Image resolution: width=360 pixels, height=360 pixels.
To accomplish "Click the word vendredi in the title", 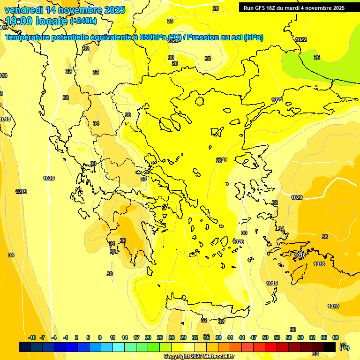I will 23,10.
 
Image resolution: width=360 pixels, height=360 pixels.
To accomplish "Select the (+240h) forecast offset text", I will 83,21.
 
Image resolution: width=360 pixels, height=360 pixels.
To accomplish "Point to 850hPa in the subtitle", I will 153,37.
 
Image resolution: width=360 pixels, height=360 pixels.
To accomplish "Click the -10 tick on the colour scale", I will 32,337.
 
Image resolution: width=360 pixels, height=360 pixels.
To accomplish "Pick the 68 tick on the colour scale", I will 335,337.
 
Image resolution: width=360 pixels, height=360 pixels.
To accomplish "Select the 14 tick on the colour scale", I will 125,337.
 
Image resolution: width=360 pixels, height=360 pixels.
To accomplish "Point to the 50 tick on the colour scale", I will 265,337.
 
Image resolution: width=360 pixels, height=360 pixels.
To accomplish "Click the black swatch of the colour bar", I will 330,347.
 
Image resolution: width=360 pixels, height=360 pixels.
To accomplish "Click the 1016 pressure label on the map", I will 300,255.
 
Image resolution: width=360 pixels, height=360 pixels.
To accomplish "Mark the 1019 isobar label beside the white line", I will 272,283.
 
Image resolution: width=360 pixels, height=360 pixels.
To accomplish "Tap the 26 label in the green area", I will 317,57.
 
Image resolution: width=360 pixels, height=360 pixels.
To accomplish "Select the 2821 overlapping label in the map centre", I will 221,160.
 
